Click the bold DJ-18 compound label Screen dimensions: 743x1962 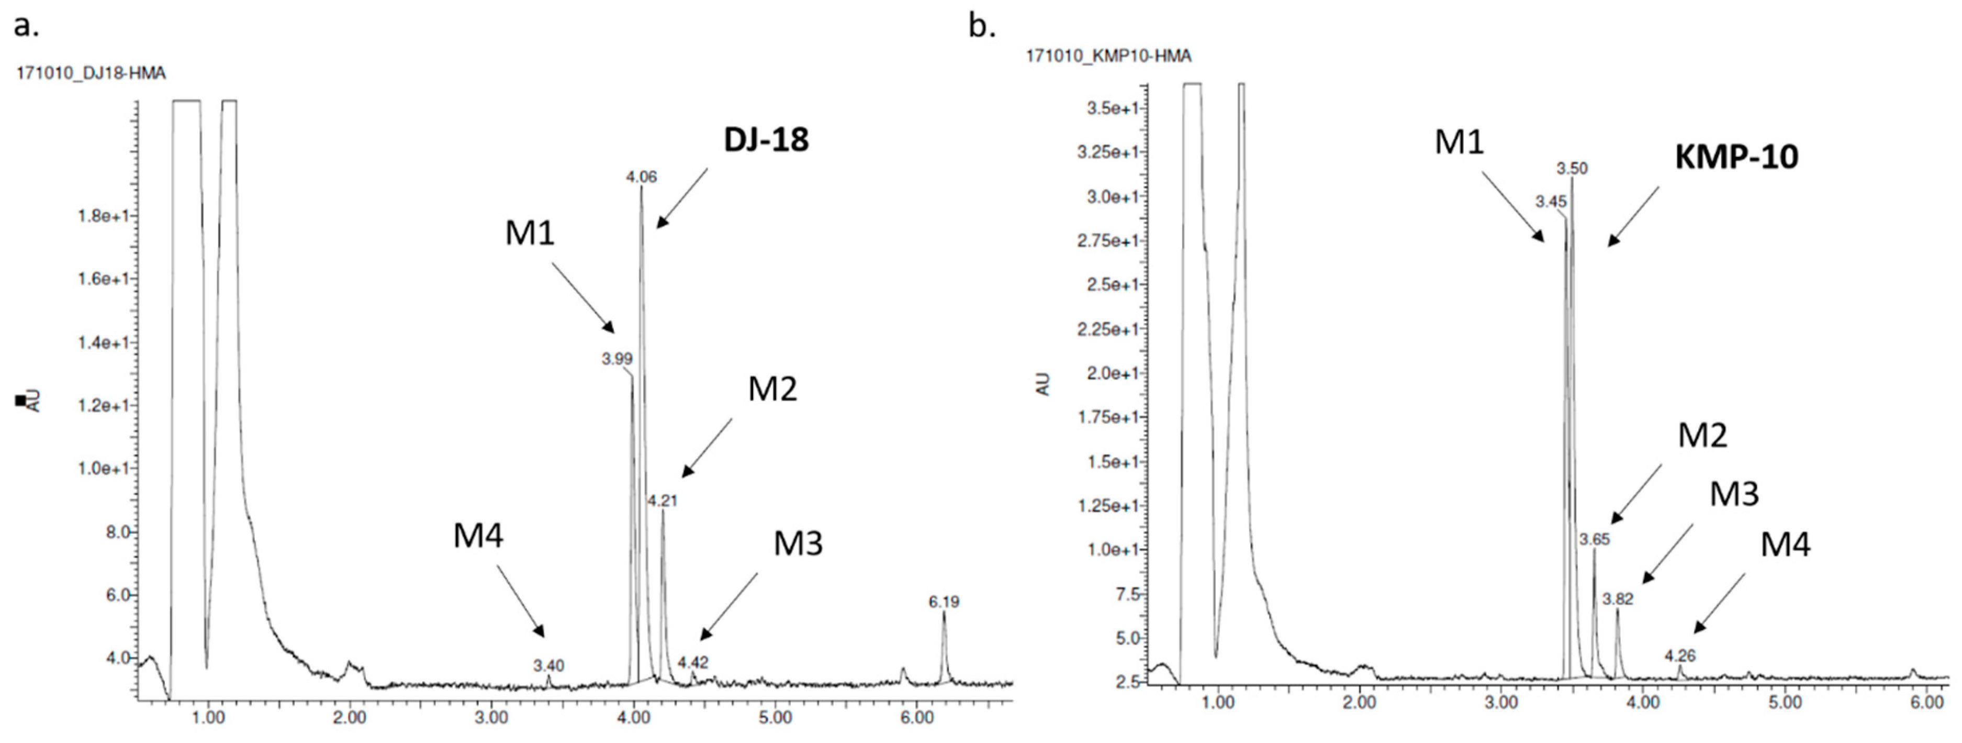click(x=766, y=140)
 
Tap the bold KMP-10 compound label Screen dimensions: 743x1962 click(x=1736, y=157)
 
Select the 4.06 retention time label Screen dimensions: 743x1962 click(x=641, y=177)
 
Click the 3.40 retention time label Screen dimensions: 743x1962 click(x=548, y=666)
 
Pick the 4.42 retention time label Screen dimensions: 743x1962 click(x=693, y=662)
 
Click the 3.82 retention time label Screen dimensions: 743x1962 click(x=1618, y=599)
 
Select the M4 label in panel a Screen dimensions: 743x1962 click(x=478, y=537)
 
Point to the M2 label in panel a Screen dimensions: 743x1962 click(x=772, y=390)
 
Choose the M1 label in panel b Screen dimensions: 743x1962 click(x=1459, y=142)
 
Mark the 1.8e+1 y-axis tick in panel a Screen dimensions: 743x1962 click(x=107, y=216)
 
